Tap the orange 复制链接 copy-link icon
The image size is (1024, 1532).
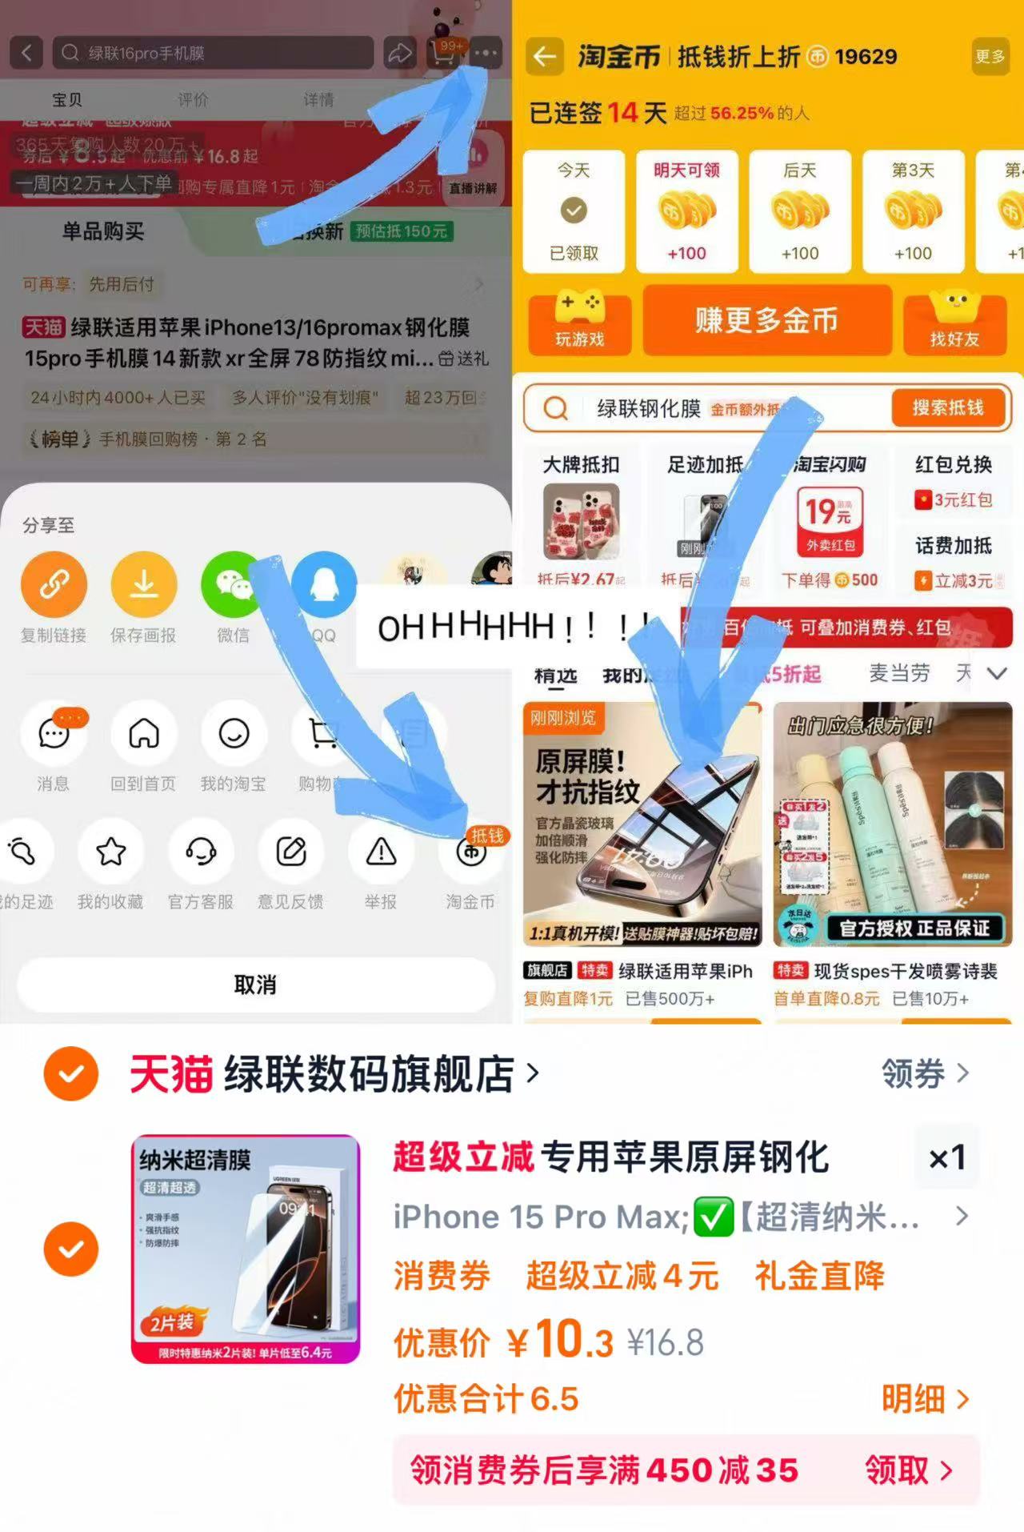click(x=54, y=584)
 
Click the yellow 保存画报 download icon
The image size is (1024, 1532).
click(x=144, y=584)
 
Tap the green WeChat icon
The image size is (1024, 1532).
click(x=233, y=584)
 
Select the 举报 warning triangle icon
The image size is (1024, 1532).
click(x=381, y=852)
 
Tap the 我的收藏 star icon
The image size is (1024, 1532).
click(x=110, y=852)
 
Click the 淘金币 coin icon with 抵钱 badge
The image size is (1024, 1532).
click(x=472, y=852)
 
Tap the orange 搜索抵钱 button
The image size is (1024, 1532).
click(x=948, y=408)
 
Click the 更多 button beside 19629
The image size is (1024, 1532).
click(x=990, y=56)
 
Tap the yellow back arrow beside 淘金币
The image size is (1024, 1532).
click(x=545, y=56)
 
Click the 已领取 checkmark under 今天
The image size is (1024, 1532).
click(x=574, y=211)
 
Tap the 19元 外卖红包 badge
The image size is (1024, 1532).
click(x=830, y=520)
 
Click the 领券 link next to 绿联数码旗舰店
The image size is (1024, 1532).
click(x=925, y=1073)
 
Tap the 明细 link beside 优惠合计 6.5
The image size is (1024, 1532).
click(x=925, y=1399)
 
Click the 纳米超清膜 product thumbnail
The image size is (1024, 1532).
click(x=246, y=1249)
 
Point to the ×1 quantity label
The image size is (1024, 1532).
click(x=947, y=1157)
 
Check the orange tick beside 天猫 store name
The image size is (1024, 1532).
click(x=71, y=1073)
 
